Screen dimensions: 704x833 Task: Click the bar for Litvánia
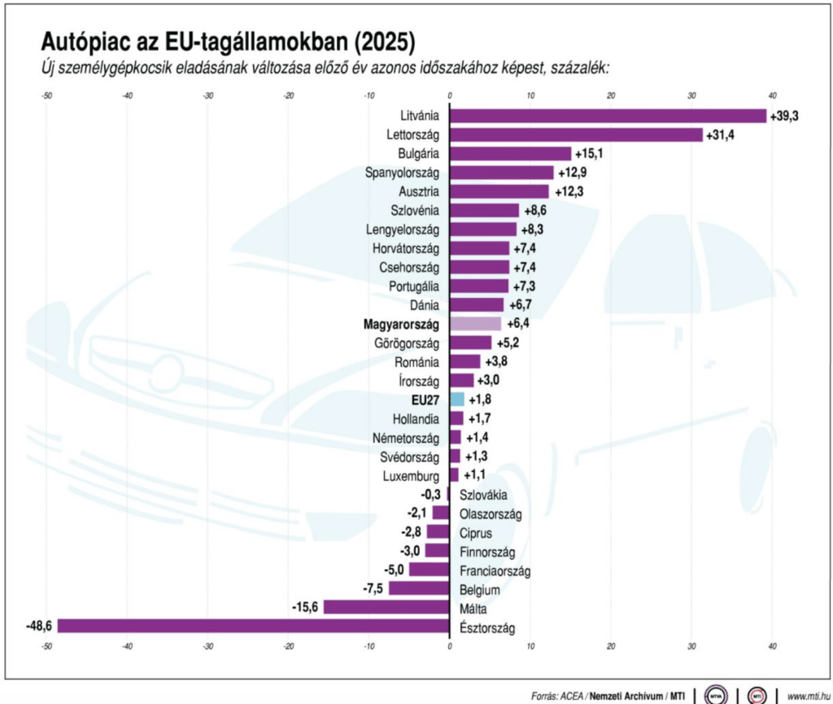tap(608, 116)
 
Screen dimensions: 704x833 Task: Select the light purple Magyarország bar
tap(476, 323)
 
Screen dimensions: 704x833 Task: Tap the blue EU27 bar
tap(457, 399)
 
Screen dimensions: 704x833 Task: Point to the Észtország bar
tap(253, 626)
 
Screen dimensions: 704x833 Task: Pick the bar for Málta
tap(386, 606)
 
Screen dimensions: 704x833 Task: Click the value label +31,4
tap(720, 134)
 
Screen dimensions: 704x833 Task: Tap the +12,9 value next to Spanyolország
tap(573, 173)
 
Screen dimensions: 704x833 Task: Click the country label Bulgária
tap(419, 154)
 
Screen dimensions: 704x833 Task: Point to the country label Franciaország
tap(495, 571)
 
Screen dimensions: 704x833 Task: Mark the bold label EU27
tap(425, 400)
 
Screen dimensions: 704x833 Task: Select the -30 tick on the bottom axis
tap(207, 647)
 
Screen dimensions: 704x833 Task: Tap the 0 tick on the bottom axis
tap(450, 647)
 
